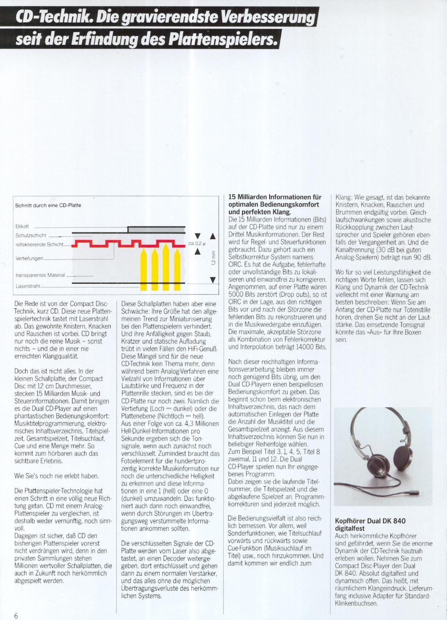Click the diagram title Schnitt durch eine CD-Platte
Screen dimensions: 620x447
click(48, 205)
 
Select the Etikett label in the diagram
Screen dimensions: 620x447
click(22, 226)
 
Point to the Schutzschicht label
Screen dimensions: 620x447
click(31, 236)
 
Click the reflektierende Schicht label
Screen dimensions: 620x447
click(39, 245)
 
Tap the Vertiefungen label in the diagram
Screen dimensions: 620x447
click(29, 258)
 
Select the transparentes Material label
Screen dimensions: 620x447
click(40, 275)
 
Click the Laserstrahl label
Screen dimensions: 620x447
click(28, 286)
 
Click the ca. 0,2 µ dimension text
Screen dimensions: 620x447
click(197, 244)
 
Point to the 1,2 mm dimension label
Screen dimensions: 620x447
click(214, 258)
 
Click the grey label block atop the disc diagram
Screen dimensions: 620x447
click(156, 229)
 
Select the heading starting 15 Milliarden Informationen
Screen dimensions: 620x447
click(275, 204)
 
